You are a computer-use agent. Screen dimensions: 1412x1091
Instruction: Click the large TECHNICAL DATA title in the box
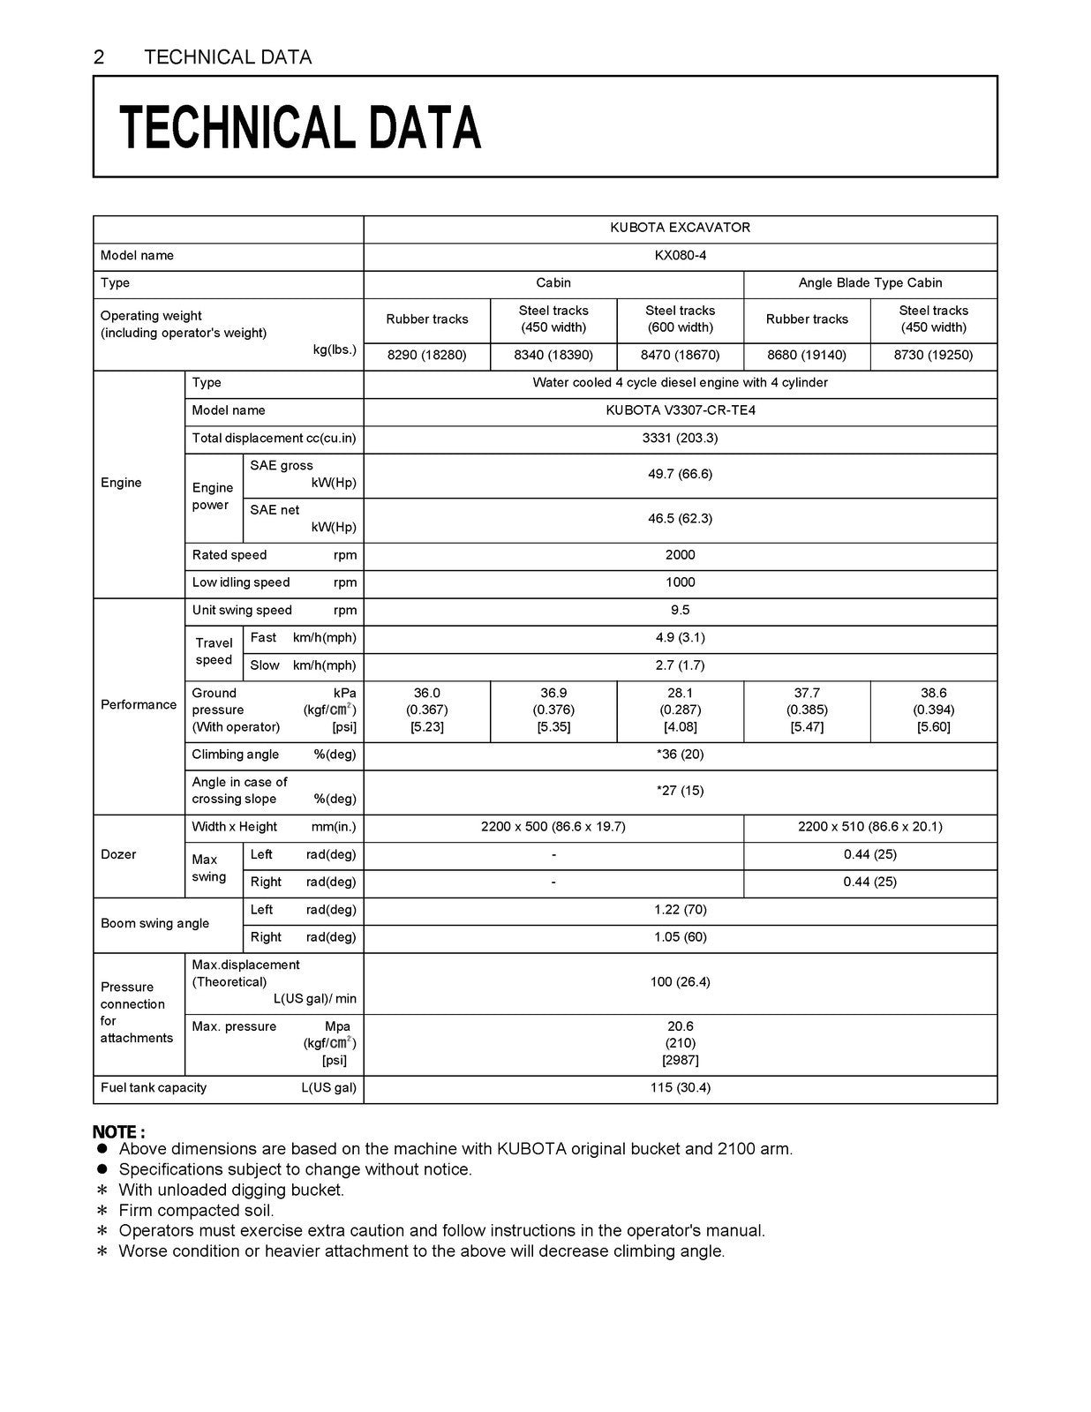tap(300, 127)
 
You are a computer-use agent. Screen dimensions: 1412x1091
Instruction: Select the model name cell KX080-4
tap(680, 256)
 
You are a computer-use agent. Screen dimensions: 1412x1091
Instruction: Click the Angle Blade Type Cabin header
tap(869, 283)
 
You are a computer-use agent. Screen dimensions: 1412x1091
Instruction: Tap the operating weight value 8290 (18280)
tap(426, 356)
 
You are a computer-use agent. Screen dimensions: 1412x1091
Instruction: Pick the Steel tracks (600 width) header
tap(680, 319)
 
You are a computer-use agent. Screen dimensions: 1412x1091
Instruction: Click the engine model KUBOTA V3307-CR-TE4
tap(680, 410)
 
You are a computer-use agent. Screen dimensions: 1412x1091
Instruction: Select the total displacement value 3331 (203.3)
tap(680, 439)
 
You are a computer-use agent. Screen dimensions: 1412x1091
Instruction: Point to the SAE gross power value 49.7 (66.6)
tap(680, 475)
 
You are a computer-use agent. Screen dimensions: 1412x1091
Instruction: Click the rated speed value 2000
tap(680, 555)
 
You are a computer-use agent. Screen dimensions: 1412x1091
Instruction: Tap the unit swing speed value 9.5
tap(680, 611)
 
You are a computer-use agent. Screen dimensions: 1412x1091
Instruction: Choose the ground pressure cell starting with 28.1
tap(680, 710)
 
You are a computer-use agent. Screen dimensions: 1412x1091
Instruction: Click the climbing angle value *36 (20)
tap(680, 755)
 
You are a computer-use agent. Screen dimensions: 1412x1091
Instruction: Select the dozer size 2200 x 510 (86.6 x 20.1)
tap(869, 827)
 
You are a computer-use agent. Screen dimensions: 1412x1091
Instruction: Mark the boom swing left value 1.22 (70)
tap(680, 910)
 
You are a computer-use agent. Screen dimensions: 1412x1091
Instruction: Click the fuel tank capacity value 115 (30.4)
tap(680, 1088)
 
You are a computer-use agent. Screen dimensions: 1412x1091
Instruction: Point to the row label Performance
tap(139, 705)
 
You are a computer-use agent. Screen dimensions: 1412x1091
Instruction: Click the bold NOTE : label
tap(119, 1132)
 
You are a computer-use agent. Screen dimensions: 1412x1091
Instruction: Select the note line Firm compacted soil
tap(196, 1211)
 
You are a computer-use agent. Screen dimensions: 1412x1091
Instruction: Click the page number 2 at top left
tap(99, 57)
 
